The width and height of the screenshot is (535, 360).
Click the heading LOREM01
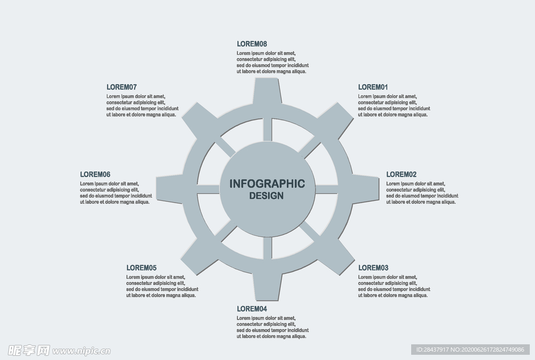[373, 87]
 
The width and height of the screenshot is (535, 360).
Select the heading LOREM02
[401, 175]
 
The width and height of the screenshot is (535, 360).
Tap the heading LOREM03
[373, 268]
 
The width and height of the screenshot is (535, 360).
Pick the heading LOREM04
[252, 309]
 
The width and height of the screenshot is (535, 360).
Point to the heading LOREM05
[141, 268]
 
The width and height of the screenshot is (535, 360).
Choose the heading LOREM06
[95, 175]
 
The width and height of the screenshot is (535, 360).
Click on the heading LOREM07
[121, 87]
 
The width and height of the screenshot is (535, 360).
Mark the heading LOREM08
[252, 44]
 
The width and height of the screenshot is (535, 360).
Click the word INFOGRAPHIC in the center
[267, 184]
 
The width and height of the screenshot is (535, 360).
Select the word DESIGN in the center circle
[266, 196]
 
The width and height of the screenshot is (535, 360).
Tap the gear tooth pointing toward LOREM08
[267, 92]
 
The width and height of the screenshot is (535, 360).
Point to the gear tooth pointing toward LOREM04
[267, 285]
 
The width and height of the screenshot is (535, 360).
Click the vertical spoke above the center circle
[267, 129]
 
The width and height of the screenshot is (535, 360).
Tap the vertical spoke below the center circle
[267, 248]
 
